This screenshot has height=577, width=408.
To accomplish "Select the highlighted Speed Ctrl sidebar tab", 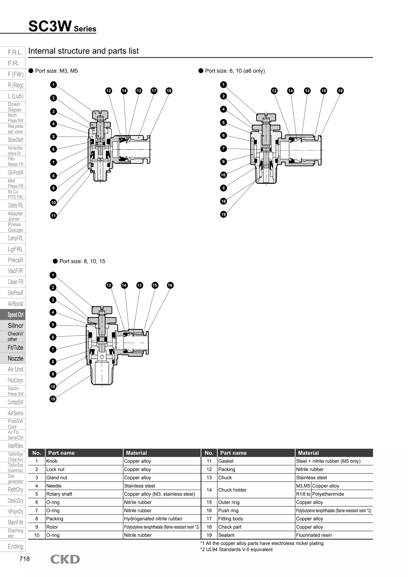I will [15, 315].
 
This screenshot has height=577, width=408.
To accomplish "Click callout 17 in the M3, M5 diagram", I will [154, 91].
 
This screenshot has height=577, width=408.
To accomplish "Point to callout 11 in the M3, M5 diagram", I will [53, 215].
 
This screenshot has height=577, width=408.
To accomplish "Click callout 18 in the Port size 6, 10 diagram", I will [223, 201].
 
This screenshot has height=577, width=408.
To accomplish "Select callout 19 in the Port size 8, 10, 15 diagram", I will [53, 399].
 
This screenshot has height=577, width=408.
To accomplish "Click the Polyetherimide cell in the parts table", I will [328, 494].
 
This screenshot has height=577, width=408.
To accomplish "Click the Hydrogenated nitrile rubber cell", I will [153, 519].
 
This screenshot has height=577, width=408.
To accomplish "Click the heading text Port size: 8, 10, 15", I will [82, 261].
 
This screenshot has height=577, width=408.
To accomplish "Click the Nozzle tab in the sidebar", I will [15, 358].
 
